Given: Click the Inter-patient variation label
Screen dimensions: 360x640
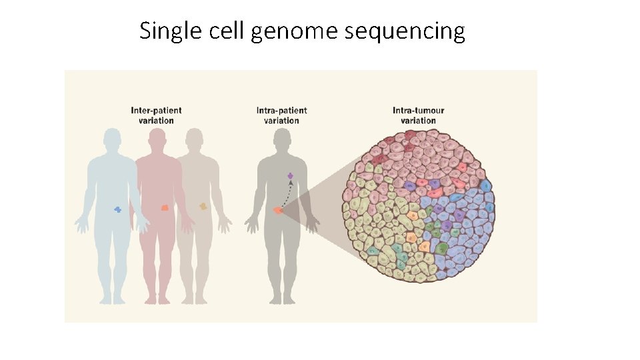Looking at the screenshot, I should coord(156,115).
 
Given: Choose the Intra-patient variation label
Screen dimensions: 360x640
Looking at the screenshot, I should coord(281,115).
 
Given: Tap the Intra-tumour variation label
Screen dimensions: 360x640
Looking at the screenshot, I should coord(418,115).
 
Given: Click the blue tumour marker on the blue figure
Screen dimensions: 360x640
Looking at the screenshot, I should coord(118,209).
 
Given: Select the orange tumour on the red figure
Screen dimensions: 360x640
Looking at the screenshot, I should coord(165,207).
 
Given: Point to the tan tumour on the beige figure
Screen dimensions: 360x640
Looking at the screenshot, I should coord(203,207).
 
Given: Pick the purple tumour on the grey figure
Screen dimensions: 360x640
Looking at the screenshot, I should coord(290,175).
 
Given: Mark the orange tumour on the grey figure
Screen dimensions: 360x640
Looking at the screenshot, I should coord(278,211).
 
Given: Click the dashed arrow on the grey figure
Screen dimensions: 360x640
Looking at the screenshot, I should coord(285,194).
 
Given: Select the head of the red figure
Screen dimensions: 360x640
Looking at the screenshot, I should coord(157,140).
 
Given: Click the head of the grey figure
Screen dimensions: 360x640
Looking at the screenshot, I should coord(282,140).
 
